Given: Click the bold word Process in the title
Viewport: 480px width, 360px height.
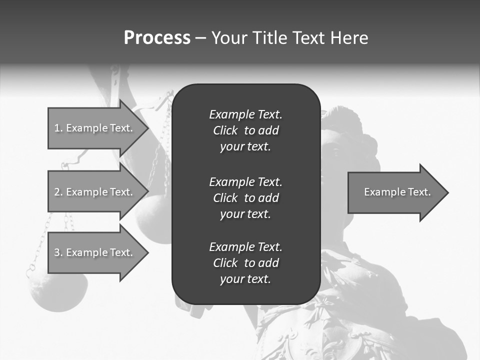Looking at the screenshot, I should pyautogui.click(x=157, y=38).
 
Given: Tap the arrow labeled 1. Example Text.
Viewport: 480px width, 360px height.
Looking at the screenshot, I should pyautogui.click(x=95, y=128).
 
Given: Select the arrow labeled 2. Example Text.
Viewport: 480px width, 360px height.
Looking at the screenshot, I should pyautogui.click(x=95, y=192).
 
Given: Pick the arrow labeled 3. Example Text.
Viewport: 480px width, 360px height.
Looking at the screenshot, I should pyautogui.click(x=95, y=252).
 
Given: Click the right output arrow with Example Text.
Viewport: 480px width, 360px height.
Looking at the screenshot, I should pyautogui.click(x=395, y=192).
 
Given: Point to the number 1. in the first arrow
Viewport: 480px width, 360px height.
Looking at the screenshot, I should pyautogui.click(x=58, y=128).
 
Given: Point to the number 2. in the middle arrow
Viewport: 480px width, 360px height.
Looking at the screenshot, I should pyautogui.click(x=58, y=192).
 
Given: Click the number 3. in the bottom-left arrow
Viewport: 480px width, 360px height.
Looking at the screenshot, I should pyautogui.click(x=58, y=252).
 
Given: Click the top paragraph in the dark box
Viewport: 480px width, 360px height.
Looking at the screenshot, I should pyautogui.click(x=245, y=130).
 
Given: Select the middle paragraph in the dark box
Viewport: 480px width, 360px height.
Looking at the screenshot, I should pyautogui.click(x=245, y=198).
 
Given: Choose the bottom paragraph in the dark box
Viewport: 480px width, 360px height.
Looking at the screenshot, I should pyautogui.click(x=245, y=263).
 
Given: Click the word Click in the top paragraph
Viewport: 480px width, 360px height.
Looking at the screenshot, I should pyautogui.click(x=225, y=130).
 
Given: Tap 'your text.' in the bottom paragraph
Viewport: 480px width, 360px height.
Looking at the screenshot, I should pyautogui.click(x=245, y=279).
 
